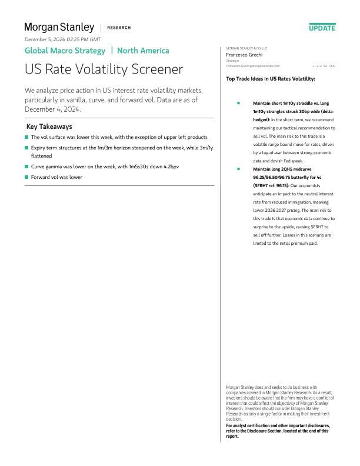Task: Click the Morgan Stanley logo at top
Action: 59,27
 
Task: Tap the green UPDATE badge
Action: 322,28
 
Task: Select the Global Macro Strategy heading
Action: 65,51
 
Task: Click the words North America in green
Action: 144,51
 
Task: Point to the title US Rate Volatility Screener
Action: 104,69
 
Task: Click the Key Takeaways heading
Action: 49,127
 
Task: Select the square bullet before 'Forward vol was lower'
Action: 26,177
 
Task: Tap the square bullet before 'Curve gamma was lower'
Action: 26,167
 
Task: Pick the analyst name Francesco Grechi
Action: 244,54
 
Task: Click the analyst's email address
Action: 253,66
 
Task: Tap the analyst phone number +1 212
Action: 324,66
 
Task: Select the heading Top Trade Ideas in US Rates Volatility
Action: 270,78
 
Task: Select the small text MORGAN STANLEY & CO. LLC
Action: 246,48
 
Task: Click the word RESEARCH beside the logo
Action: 119,28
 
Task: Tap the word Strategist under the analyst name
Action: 232,60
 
